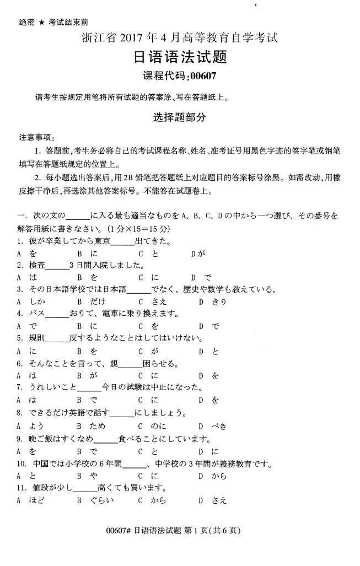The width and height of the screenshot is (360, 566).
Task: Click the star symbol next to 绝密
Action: pos(41,23)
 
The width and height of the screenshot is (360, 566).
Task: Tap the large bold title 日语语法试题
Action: pos(181,57)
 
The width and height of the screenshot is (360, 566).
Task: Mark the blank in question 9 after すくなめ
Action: pos(106,440)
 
